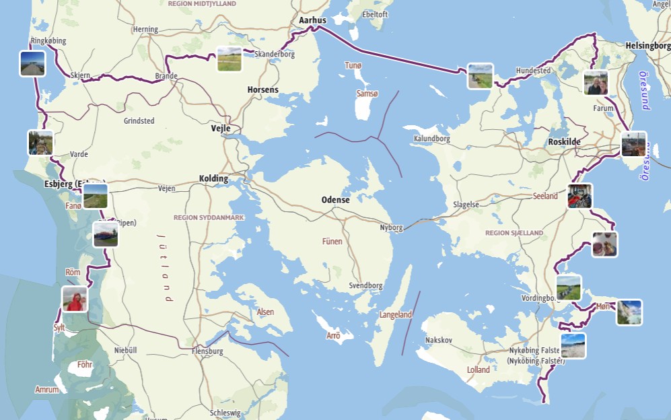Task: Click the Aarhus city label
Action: point(312,21)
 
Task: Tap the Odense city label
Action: point(335,200)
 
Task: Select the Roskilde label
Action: point(564,142)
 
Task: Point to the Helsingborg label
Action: point(647,46)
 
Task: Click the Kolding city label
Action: point(213,179)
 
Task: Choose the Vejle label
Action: point(221,129)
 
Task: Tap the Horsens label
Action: point(262,90)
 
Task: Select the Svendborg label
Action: point(365,286)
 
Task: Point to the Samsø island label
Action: point(367,94)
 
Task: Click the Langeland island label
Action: point(396,315)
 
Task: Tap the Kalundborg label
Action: point(431,139)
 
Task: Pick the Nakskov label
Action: point(439,341)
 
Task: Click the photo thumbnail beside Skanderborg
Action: point(229,59)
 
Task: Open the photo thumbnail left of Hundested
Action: point(481,76)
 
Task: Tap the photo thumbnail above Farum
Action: point(596,83)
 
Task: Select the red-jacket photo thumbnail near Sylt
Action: point(75,299)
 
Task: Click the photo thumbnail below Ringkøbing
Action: point(32,63)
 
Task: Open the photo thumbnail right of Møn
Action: point(629,312)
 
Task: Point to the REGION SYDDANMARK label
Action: point(209,218)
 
